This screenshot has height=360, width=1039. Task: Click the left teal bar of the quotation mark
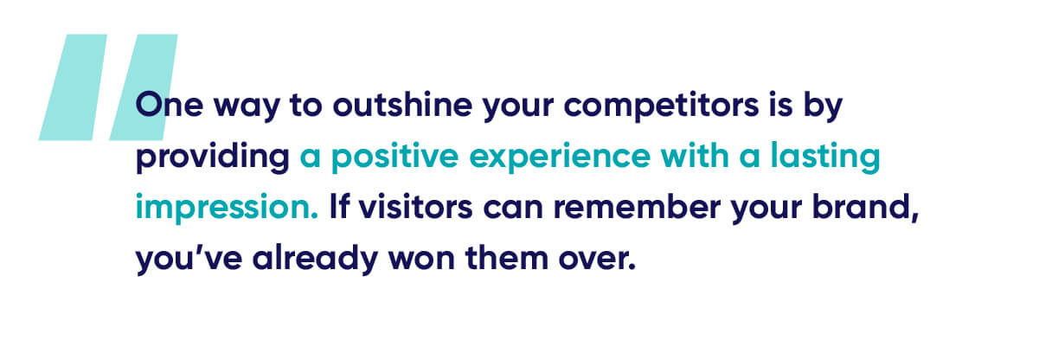point(73,87)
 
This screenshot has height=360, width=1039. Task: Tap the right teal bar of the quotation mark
point(144,87)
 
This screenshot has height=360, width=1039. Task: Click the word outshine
point(402,105)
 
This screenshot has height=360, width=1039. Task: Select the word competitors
point(662,106)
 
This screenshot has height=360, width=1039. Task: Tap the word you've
point(189,259)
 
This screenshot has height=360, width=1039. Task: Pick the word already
point(316,259)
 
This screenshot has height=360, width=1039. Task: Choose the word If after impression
point(338,207)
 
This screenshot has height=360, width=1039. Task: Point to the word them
point(507,258)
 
